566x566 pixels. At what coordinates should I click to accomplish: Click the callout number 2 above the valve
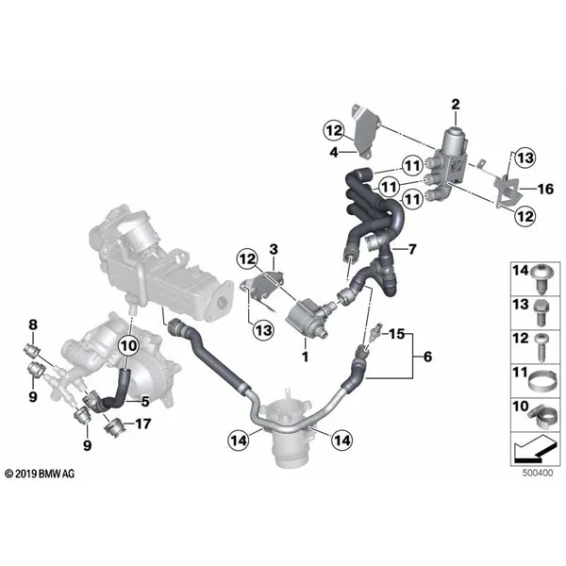456,105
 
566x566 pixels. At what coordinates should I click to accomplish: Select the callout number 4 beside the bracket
334,152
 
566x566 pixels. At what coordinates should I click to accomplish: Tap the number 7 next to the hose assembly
412,249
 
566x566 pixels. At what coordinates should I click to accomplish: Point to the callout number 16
545,189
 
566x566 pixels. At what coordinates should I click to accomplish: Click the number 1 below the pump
306,357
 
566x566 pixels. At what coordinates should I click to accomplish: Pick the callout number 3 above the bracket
274,249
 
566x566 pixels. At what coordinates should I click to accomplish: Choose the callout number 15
396,334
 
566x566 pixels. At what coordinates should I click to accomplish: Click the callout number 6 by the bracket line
427,357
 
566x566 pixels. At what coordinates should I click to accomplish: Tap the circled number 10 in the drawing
129,346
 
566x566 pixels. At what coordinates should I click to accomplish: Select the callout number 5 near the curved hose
145,401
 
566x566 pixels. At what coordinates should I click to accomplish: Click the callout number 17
143,424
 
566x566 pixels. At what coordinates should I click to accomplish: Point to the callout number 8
33,325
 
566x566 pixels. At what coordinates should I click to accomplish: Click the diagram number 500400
538,473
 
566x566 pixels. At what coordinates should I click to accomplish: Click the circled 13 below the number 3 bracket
263,330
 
